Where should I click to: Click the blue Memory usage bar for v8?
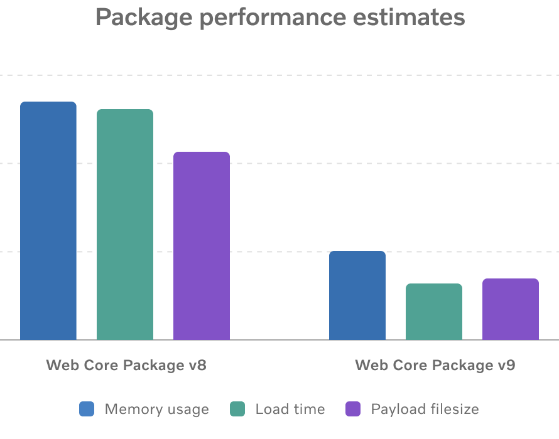point(48,221)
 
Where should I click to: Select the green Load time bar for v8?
point(125,225)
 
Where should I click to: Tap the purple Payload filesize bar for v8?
point(202,246)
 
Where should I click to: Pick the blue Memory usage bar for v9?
point(357,295)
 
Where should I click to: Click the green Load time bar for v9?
point(434,312)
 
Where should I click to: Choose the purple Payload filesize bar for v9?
point(511,309)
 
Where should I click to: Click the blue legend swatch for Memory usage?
point(87,410)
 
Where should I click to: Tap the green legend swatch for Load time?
point(237,410)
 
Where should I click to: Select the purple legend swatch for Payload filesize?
point(354,410)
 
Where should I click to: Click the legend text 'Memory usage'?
point(156,410)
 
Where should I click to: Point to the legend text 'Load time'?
point(290,410)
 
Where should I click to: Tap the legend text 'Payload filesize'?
point(425,410)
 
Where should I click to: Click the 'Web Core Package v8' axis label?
point(126,365)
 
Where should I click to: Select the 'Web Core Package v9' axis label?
point(435,365)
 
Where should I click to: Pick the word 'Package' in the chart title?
point(140,18)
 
